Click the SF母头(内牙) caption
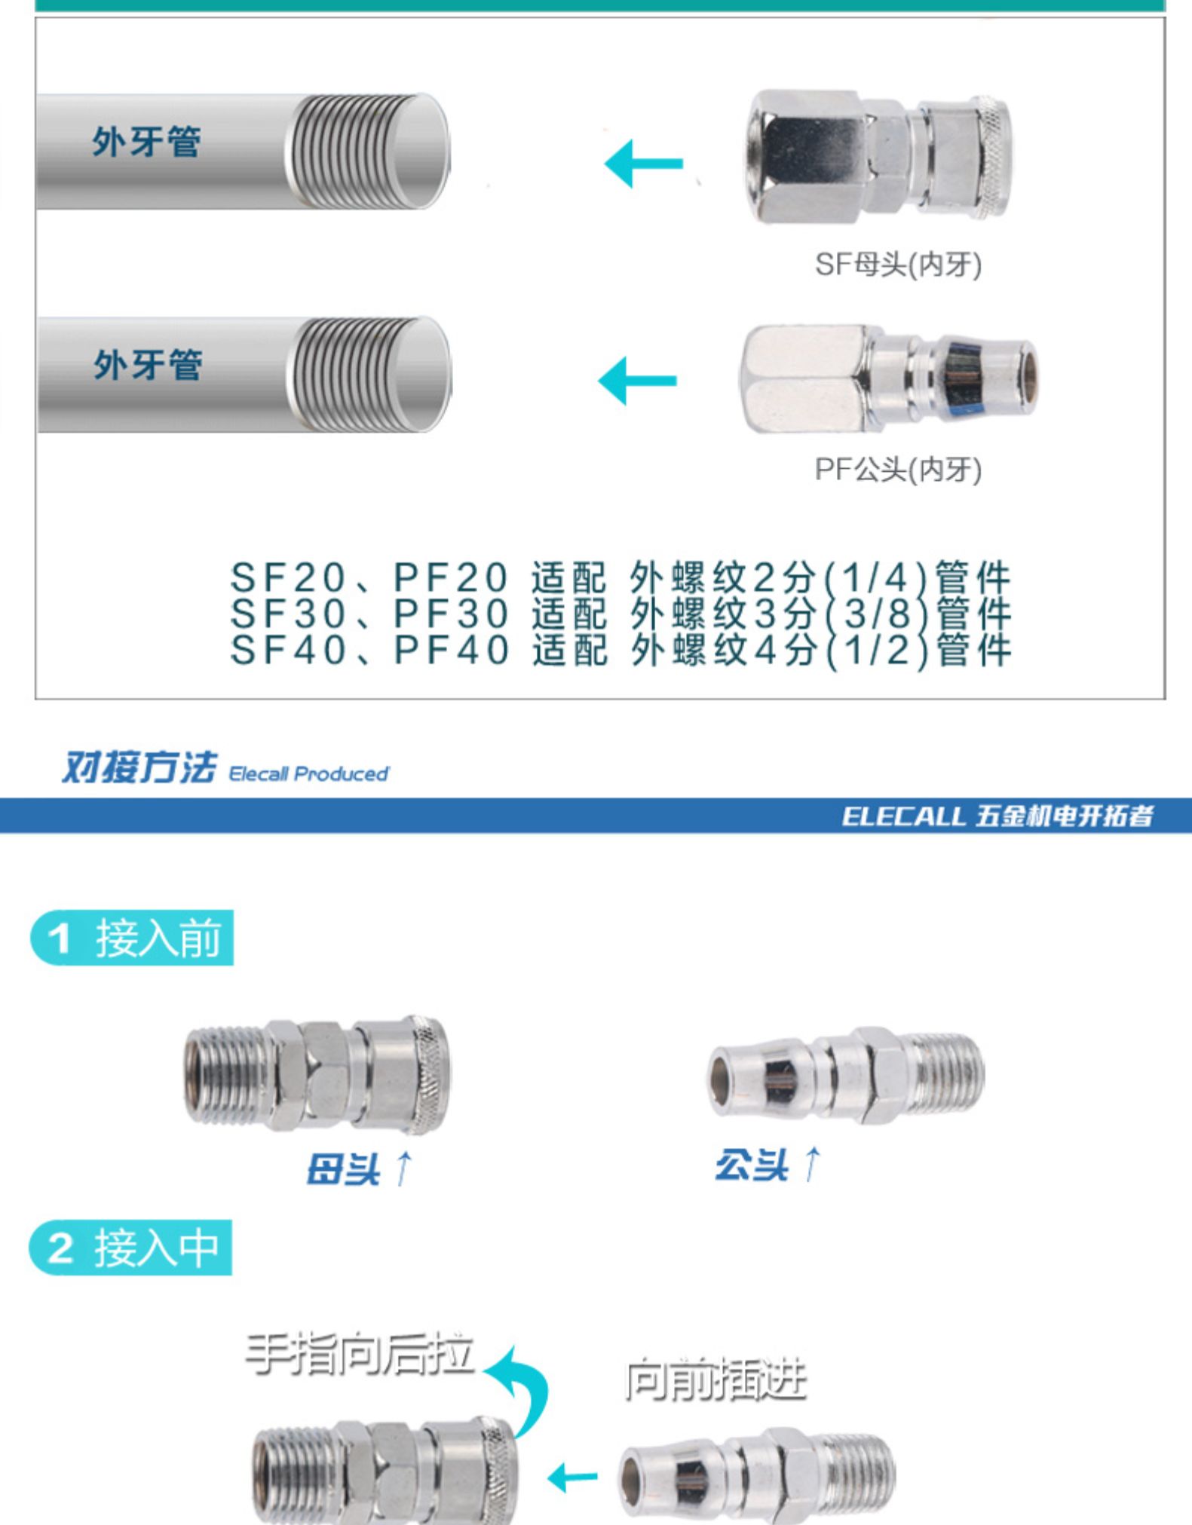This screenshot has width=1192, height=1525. coord(898,265)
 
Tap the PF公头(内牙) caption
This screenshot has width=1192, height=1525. coord(898,470)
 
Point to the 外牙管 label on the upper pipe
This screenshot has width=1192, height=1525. coord(146,142)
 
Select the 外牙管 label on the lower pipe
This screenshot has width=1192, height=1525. coord(148,365)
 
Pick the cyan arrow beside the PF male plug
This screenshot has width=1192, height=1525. coord(637,380)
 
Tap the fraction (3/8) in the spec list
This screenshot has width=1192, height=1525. coord(878,614)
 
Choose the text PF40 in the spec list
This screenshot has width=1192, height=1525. coord(452,650)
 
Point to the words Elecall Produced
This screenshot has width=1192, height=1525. coord(308,774)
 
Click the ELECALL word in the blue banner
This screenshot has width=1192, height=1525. coord(903,816)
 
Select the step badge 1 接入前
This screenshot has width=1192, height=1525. coord(132,938)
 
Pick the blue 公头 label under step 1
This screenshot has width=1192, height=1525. coord(752,1165)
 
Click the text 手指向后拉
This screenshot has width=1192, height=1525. coord(360,1355)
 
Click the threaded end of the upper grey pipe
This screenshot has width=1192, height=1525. coord(367,151)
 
